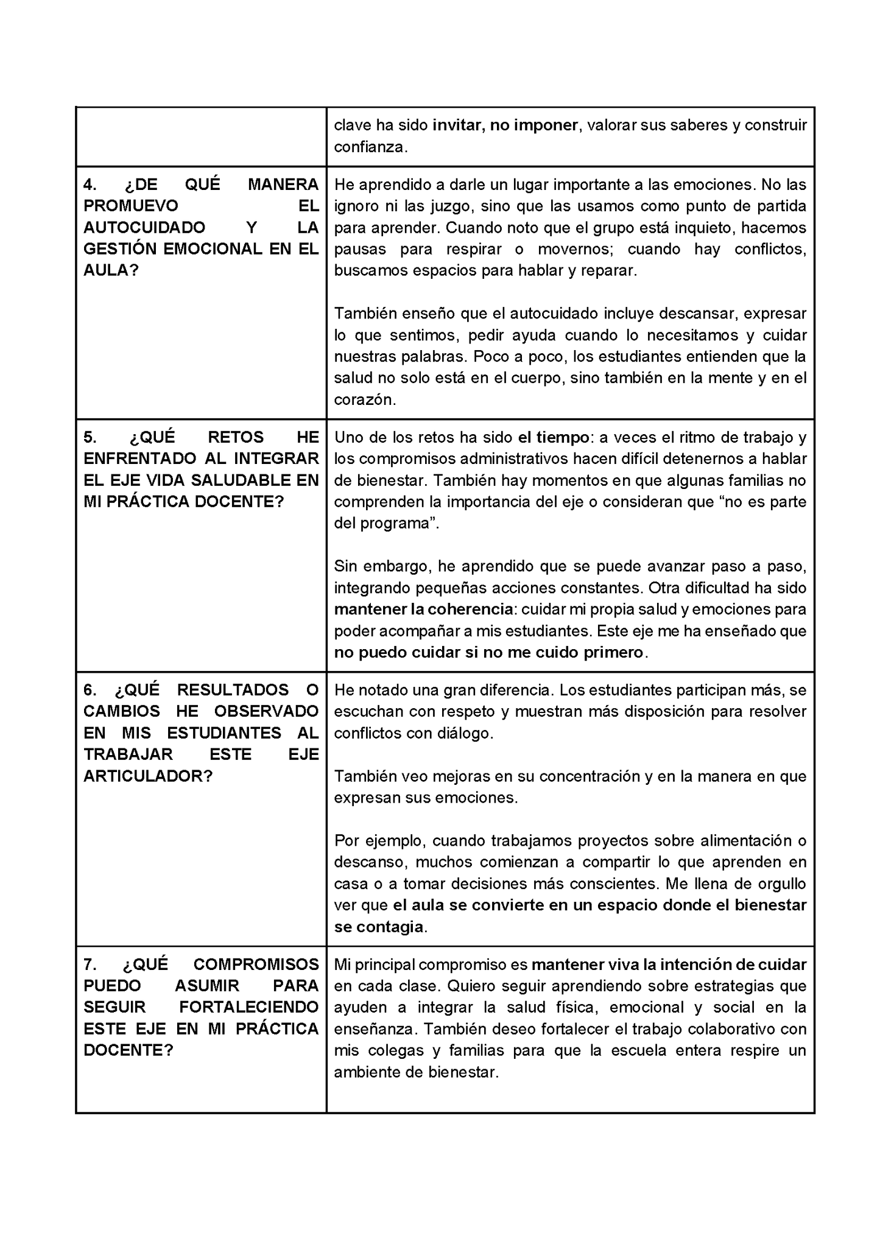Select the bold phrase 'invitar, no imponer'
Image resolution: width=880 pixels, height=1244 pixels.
pos(505,125)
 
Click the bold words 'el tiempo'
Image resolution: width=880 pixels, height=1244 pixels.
pos(554,437)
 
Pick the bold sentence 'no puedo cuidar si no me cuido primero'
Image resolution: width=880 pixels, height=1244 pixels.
pos(488,652)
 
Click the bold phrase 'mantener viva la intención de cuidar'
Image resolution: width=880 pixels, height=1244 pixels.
pos(669,965)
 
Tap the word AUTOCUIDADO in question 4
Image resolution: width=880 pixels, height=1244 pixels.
pos(144,228)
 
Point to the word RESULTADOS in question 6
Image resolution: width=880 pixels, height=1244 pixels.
pos(233,690)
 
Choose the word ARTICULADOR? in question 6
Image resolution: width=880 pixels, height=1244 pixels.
pos(147,776)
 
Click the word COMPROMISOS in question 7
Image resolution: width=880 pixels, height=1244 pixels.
pos(256,965)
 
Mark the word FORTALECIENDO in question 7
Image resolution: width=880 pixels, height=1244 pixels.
pos(249,1007)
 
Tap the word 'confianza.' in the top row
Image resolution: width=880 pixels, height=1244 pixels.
pos(370,147)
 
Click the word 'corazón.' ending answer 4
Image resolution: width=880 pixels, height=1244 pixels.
pos(365,399)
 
